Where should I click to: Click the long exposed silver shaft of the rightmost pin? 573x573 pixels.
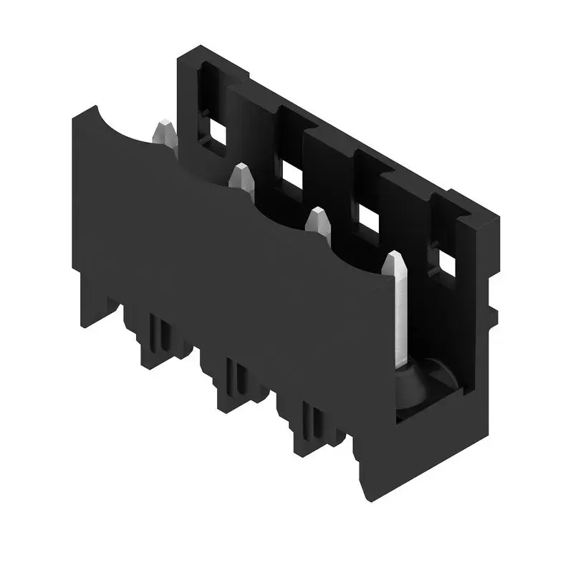(401, 315)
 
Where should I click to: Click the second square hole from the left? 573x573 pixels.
(291, 173)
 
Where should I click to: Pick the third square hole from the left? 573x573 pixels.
(367, 218)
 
